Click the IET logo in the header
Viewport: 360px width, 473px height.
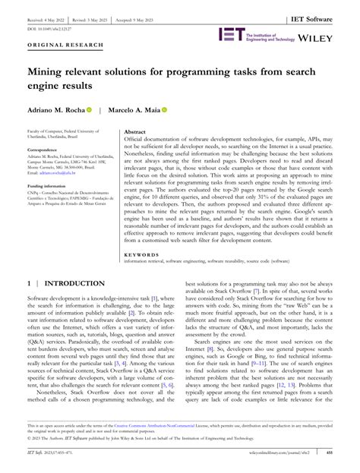tap(230, 35)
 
